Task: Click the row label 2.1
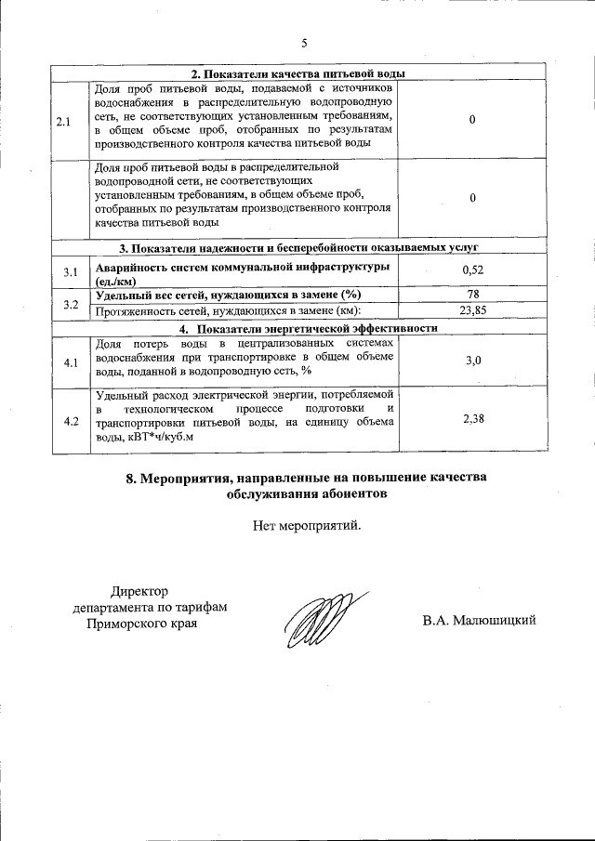(63, 122)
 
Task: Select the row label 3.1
(71, 272)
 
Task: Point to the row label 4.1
(71, 361)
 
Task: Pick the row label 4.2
(71, 421)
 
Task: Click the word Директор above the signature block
(141, 591)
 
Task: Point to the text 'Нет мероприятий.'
(306, 526)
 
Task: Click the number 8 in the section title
(130, 479)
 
